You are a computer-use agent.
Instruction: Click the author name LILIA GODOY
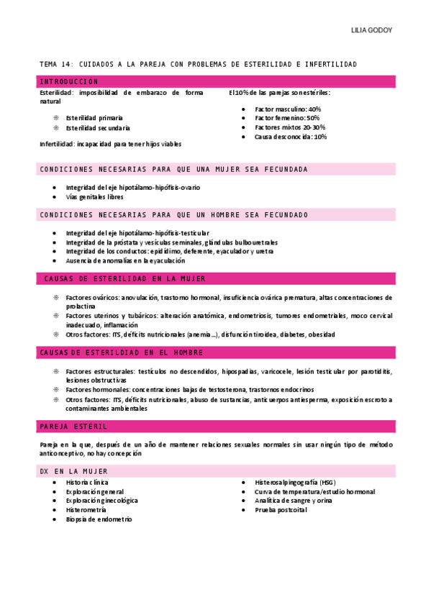click(371, 31)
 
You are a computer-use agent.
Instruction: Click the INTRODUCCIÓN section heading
click(69, 81)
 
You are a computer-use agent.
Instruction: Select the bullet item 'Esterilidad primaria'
click(94, 117)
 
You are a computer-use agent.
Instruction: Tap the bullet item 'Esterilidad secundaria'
click(98, 127)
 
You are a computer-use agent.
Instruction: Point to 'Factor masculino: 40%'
click(288, 109)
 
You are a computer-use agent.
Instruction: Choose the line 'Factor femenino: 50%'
click(287, 118)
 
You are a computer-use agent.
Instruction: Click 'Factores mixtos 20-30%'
click(290, 127)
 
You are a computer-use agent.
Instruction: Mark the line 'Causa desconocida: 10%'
click(291, 137)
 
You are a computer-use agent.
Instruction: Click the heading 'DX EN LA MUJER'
click(74, 470)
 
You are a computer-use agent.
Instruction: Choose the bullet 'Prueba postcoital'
click(281, 509)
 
